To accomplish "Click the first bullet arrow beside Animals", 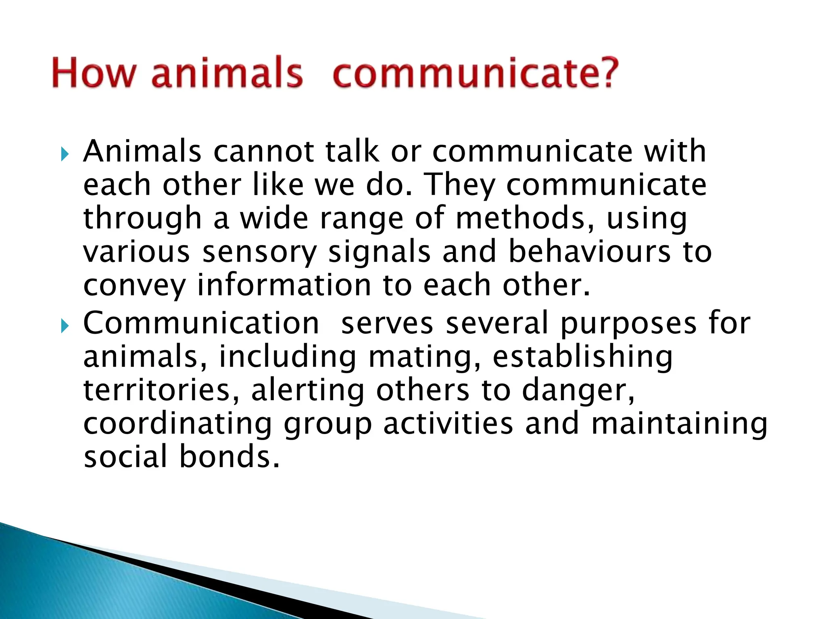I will [65, 154].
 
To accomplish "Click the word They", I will [460, 185].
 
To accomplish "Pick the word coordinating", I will [177, 424].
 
